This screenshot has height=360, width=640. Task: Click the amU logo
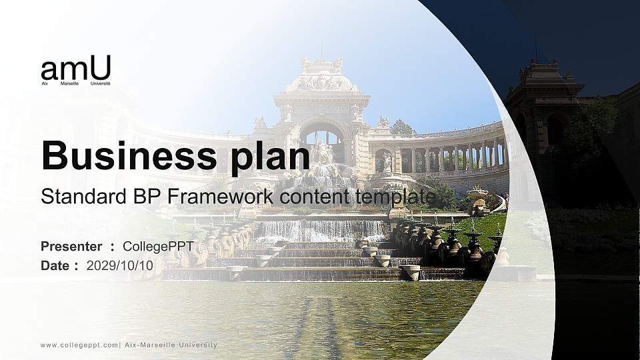[x=75, y=69]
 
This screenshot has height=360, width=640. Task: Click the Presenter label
[x=71, y=247]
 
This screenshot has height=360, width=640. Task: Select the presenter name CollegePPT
[x=158, y=247]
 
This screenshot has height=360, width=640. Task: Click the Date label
[x=55, y=265]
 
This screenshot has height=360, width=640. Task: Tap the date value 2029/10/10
[x=120, y=265]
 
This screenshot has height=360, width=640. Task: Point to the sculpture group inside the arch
[x=323, y=152]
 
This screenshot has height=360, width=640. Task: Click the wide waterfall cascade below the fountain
[x=320, y=231]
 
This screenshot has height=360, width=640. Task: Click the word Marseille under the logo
[x=69, y=84]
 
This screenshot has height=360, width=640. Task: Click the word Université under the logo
[x=100, y=84]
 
